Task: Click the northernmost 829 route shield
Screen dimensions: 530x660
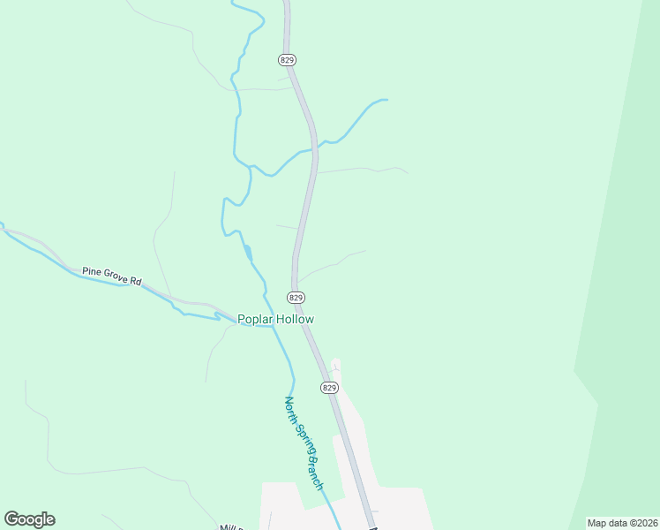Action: (286, 60)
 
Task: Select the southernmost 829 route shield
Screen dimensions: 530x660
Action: (329, 388)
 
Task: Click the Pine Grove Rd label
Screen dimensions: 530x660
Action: (112, 276)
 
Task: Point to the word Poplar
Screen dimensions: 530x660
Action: (257, 319)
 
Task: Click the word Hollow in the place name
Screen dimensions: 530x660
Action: (296, 319)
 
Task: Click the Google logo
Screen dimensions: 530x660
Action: (29, 519)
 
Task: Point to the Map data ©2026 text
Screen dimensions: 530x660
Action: (622, 523)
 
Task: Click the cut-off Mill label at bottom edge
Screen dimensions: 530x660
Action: (231, 526)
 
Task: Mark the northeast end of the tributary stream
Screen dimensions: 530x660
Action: (386, 101)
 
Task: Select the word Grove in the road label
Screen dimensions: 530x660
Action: (116, 276)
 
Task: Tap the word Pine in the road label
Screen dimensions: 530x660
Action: (92, 270)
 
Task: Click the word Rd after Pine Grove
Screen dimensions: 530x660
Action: (136, 282)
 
